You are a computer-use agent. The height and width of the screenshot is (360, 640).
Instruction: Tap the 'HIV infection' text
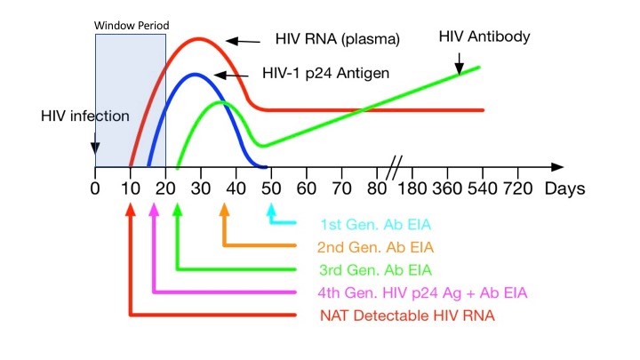click(85, 116)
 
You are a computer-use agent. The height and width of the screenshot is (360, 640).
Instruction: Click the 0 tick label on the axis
click(95, 188)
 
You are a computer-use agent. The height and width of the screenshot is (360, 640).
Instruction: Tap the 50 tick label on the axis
click(271, 188)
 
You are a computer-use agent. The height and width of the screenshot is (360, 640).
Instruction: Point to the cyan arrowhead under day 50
click(272, 211)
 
